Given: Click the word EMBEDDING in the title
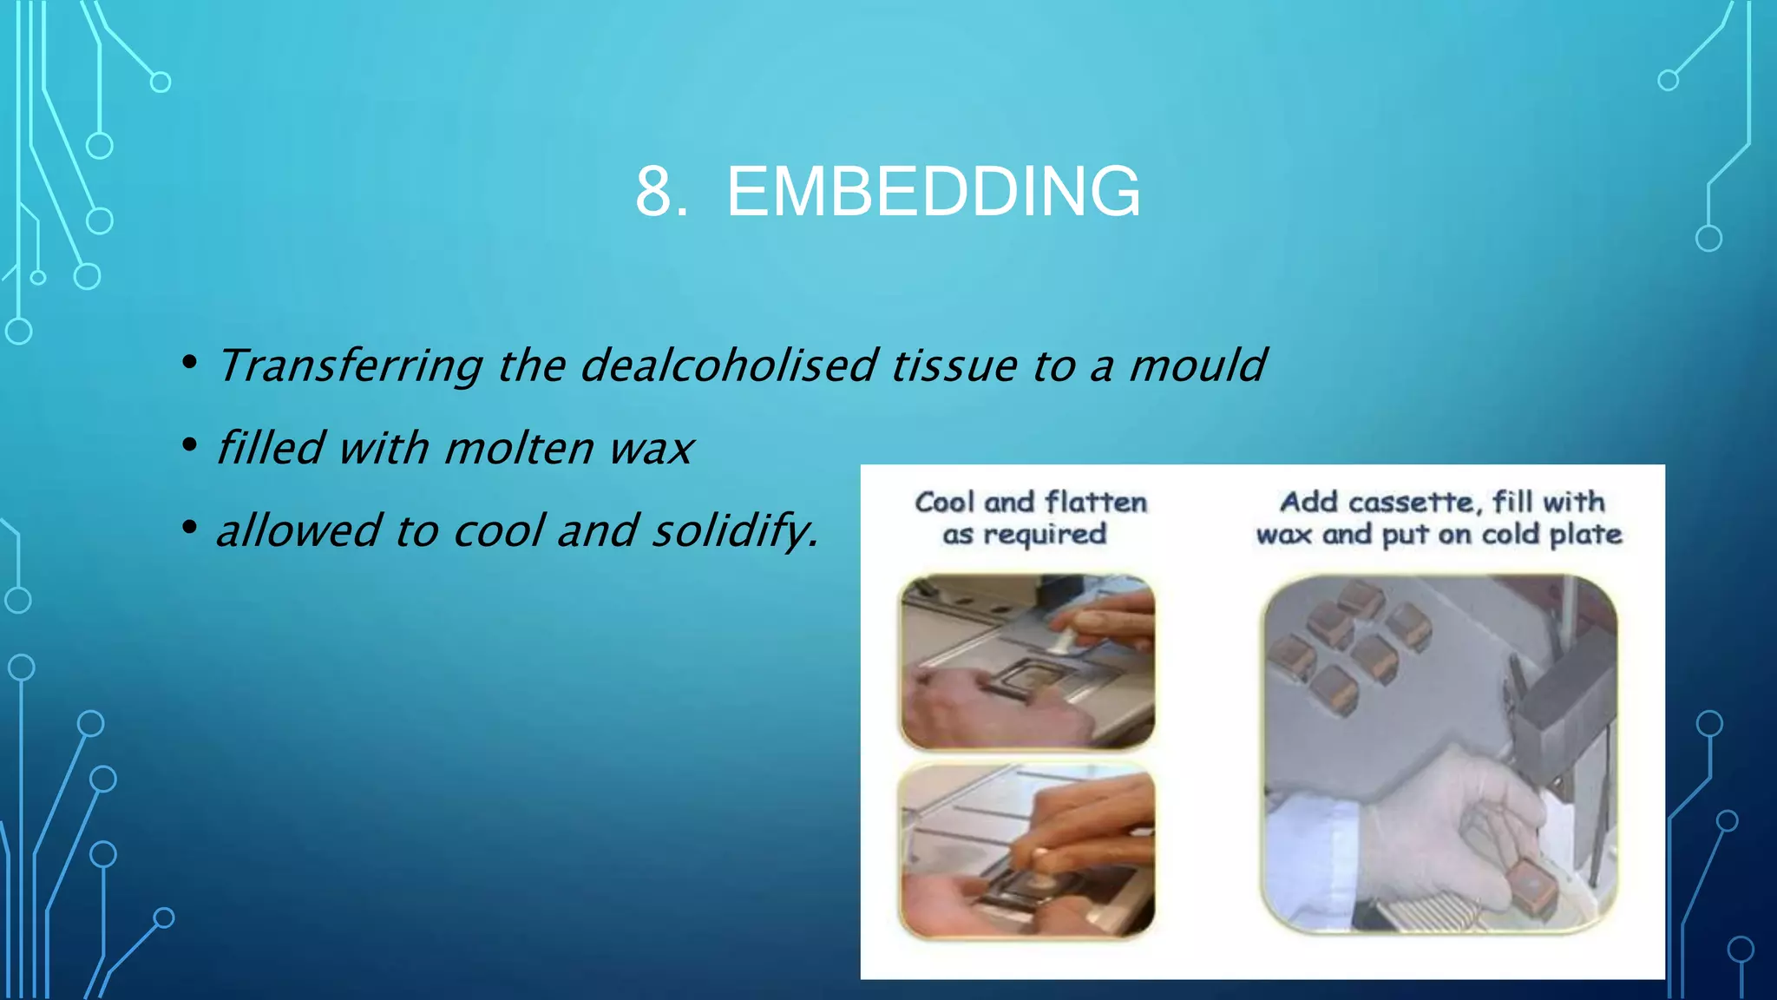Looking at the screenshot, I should click(x=933, y=192).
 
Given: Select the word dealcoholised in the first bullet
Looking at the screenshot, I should click(x=729, y=365).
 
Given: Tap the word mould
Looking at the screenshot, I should click(x=1197, y=365).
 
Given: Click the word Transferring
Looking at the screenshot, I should click(x=350, y=365).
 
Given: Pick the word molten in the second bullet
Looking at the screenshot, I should click(x=518, y=449).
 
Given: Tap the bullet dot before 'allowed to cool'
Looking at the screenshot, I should click(x=189, y=528).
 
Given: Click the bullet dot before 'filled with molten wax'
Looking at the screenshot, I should click(x=189, y=445).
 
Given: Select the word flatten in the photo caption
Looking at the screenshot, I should click(x=1095, y=503).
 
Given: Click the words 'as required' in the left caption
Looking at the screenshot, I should click(x=1024, y=535).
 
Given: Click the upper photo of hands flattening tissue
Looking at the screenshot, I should click(x=1027, y=661).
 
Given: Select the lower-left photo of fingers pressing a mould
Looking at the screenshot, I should click(x=1027, y=851).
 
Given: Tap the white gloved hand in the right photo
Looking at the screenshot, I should click(x=1432, y=825).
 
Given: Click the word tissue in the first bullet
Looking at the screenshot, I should click(x=954, y=365).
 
